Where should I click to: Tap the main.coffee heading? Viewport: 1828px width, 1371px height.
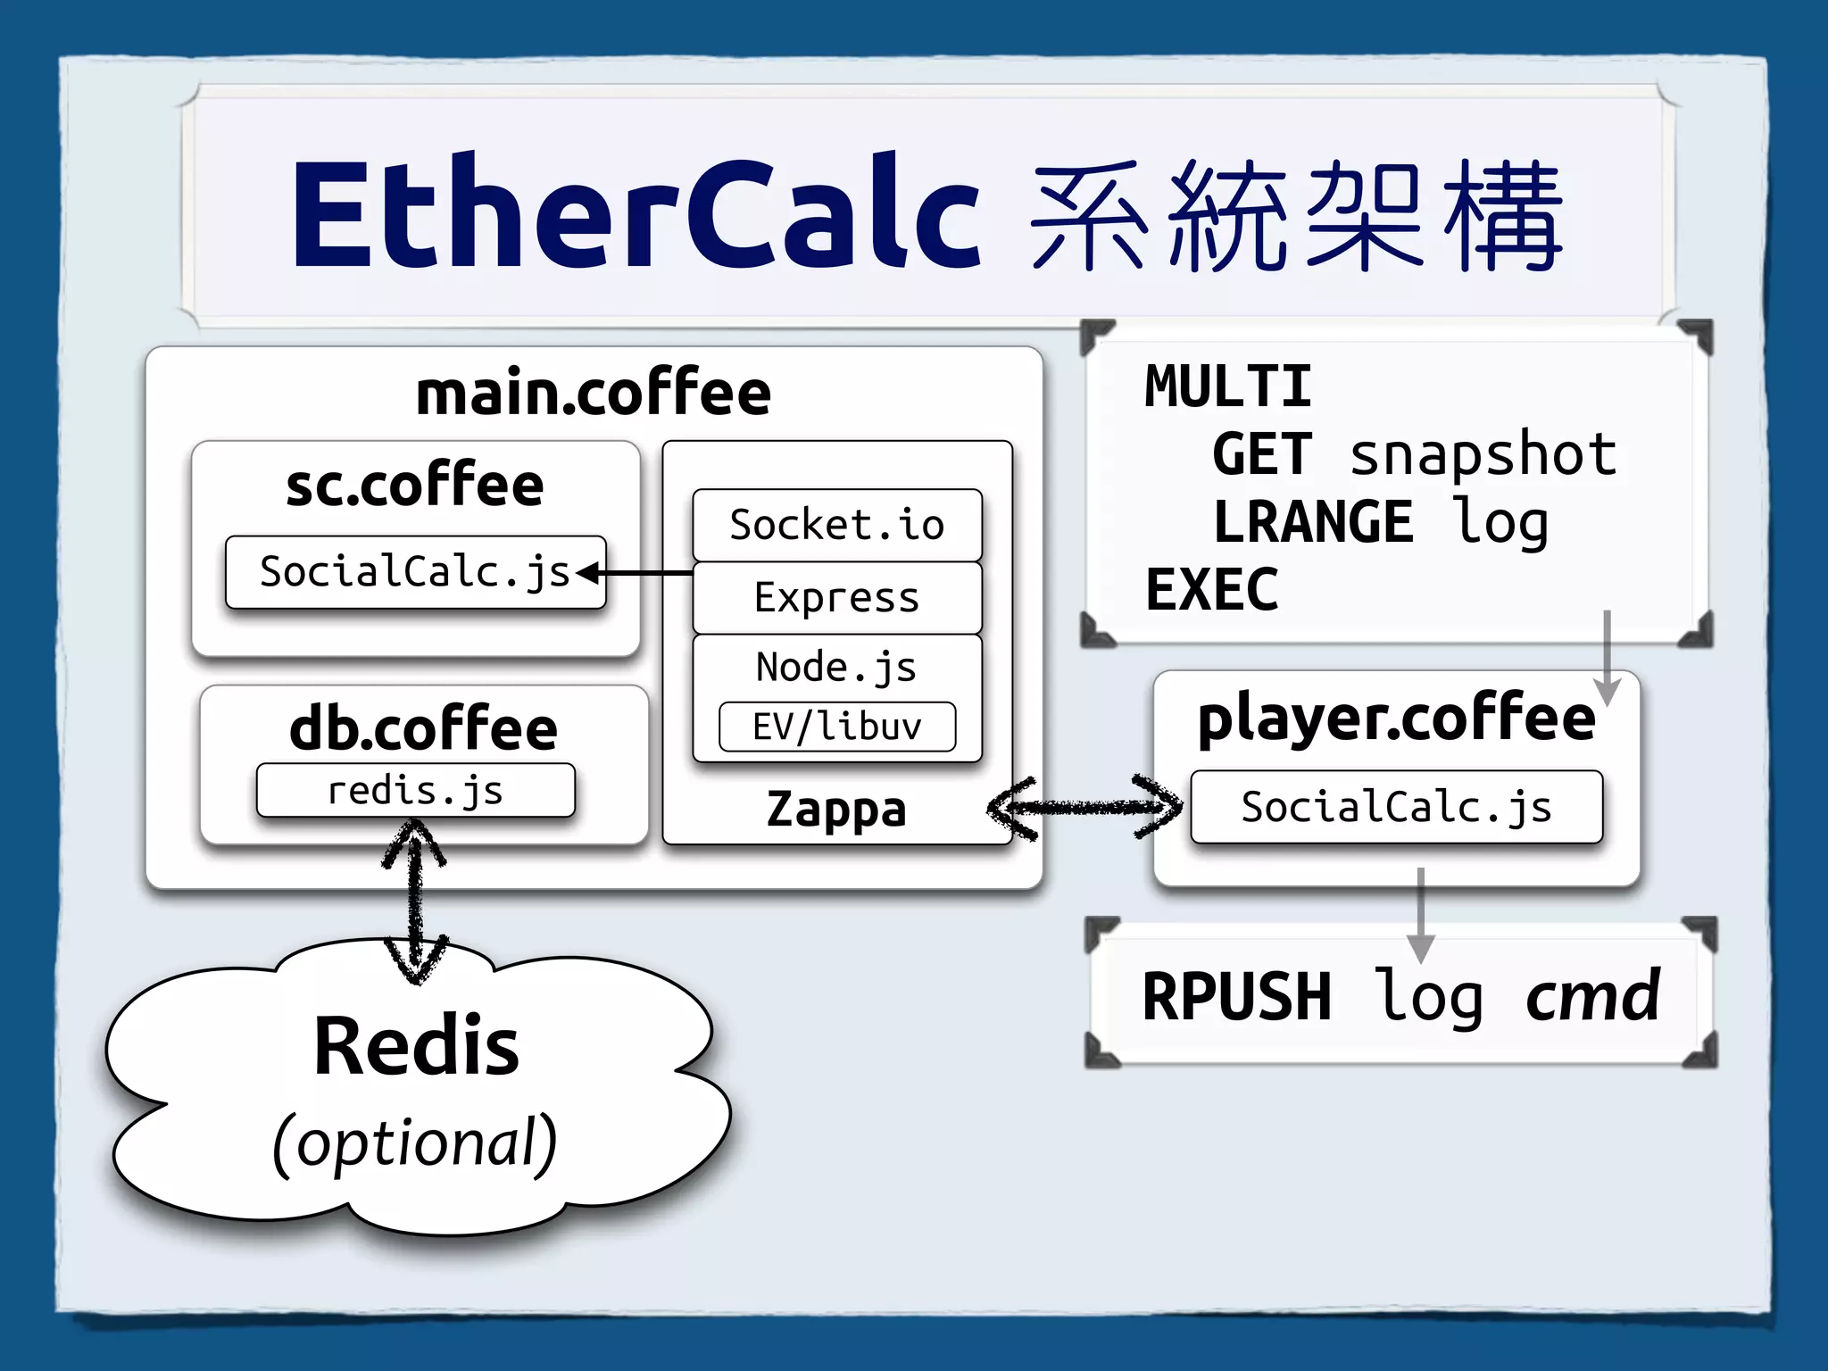(x=594, y=394)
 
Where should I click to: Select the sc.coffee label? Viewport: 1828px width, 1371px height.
(x=415, y=486)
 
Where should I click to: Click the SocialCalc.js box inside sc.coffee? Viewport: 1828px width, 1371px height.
(x=415, y=572)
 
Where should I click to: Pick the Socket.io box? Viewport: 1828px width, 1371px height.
(x=837, y=525)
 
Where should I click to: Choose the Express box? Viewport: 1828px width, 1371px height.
(x=837, y=597)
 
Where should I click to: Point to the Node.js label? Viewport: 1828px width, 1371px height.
(x=836, y=667)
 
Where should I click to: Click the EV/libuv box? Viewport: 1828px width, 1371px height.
(x=837, y=727)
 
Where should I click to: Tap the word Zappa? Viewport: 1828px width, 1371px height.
(x=836, y=810)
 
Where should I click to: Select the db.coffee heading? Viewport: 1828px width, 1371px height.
(x=424, y=728)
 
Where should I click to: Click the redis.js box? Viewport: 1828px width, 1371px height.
(x=415, y=791)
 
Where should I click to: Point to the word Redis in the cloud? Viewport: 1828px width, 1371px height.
(x=416, y=1046)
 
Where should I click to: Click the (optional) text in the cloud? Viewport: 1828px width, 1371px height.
(x=415, y=1142)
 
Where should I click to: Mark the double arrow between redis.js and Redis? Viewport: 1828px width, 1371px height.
(x=415, y=902)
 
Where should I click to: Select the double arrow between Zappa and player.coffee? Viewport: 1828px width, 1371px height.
(x=1084, y=808)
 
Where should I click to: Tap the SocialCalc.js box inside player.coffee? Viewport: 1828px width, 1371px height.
(x=1396, y=807)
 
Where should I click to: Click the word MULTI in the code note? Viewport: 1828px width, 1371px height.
(x=1228, y=387)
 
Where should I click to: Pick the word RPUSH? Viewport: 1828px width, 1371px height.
(x=1236, y=997)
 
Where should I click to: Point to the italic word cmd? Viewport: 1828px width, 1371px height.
(x=1593, y=997)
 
